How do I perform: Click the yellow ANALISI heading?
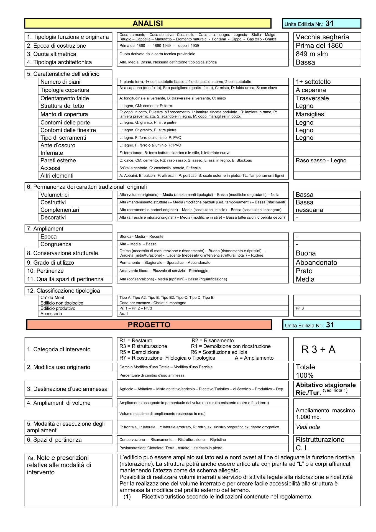148,24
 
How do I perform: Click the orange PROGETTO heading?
149,325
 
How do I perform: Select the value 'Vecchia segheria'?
322,37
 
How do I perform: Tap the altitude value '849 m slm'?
311,54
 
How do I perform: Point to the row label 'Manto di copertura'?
64,114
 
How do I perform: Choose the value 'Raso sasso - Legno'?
321,160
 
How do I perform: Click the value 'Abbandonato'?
316,263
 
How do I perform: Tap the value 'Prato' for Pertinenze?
304,271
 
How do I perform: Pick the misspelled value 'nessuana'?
309,210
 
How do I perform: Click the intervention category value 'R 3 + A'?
318,350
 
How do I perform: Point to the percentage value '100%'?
305,375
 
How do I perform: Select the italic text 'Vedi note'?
308,427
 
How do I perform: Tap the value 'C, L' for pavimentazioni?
302,448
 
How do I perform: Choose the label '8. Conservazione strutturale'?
62,253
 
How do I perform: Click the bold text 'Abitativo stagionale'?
326,385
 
